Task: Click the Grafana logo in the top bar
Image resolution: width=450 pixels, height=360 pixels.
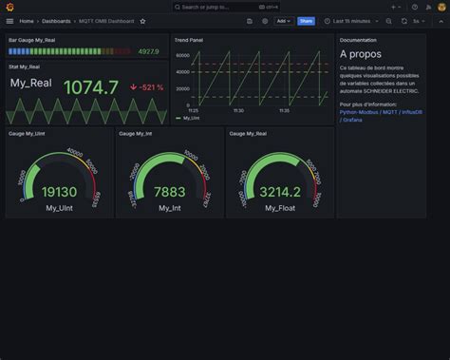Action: [9, 7]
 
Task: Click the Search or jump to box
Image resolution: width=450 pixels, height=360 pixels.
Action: [225, 7]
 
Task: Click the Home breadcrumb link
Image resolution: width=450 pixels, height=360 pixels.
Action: [27, 20]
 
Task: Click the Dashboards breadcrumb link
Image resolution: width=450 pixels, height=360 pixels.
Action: [55, 20]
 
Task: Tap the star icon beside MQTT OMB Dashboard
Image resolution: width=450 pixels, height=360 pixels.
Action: [143, 20]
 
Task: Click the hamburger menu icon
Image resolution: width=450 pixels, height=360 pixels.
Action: [9, 20]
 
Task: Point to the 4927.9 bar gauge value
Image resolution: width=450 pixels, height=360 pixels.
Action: [148, 51]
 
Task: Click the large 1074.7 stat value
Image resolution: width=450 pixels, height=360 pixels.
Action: [90, 87]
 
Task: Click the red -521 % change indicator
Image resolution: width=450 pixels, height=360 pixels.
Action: [147, 87]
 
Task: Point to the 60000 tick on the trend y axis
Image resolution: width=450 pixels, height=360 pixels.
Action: [183, 55]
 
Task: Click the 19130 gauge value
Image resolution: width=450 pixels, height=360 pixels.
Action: [59, 192]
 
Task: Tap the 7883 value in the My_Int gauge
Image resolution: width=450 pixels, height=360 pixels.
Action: [169, 192]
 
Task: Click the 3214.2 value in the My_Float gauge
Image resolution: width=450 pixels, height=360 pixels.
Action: [280, 192]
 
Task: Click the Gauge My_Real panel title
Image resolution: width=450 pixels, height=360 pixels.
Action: [249, 134]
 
